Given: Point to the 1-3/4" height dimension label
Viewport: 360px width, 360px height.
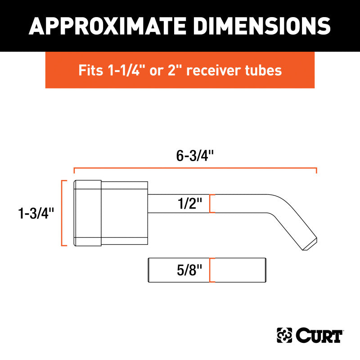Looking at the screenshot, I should point(36,213).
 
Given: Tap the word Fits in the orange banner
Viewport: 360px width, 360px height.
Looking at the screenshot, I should point(90,70).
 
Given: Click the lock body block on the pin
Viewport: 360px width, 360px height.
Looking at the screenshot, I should point(111,213).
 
